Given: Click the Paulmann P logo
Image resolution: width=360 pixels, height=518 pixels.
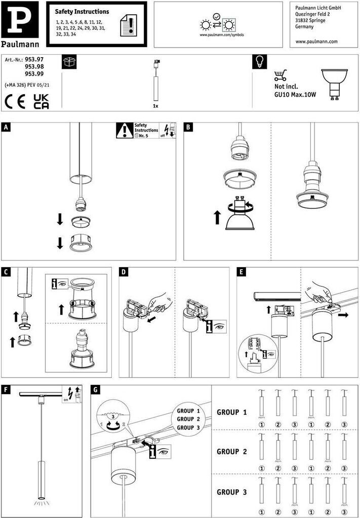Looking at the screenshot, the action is pos(19,19).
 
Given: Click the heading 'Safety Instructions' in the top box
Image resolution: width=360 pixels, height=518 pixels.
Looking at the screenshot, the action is pos(82,12).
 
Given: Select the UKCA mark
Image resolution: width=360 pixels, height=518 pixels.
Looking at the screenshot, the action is pos(41,101).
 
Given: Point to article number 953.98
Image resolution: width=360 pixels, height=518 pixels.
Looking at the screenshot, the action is pos(34,67).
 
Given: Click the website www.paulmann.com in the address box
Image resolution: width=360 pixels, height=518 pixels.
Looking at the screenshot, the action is pos(315,42).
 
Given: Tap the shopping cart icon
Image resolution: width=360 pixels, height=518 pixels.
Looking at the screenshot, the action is pos(280,75).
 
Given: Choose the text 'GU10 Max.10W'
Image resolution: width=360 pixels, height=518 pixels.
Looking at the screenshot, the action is pos(295,95).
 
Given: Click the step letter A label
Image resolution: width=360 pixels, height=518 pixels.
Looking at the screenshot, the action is pos(6,127).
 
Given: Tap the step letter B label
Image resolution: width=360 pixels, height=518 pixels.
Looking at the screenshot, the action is pos(188,127).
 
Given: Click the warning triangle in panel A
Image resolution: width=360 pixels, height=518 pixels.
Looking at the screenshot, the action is pos(125,131).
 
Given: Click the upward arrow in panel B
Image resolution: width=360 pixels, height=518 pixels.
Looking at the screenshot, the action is pos(217,218).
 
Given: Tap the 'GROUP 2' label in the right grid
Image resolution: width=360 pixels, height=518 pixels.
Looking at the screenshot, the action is pos(232,452).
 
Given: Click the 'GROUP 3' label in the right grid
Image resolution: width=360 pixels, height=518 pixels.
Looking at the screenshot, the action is pos(232,492).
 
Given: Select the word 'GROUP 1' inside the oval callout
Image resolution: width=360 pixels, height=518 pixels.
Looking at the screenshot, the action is pos(188,411).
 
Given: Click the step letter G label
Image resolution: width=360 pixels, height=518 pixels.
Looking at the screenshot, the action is pos(96,390).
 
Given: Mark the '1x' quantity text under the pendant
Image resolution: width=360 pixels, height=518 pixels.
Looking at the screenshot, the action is pos(155,107).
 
